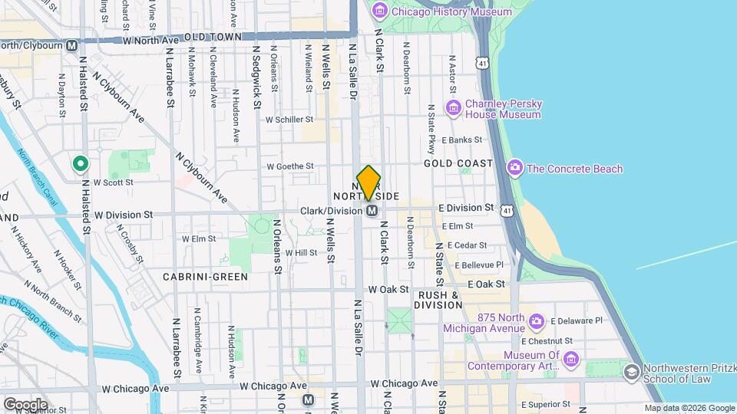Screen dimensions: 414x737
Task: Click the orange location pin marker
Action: click(368, 182)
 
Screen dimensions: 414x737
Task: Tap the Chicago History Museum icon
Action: click(379, 11)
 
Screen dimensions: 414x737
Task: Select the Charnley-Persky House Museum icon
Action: click(453, 107)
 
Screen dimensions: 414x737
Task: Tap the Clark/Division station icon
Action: click(372, 210)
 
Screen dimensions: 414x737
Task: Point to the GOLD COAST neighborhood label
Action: click(458, 164)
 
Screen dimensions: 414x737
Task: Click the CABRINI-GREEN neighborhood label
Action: click(205, 276)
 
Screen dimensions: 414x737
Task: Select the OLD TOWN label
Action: click(208, 36)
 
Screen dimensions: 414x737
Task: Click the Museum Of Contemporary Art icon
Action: click(570, 359)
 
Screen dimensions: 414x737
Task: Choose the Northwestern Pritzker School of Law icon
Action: click(631, 372)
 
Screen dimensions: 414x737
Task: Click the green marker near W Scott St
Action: click(79, 164)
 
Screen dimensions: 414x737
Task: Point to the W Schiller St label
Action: click(289, 120)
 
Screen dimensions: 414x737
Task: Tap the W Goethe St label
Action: click(289, 166)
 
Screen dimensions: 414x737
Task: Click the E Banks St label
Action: click(461, 140)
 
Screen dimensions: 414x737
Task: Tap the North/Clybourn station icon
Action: click(72, 46)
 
